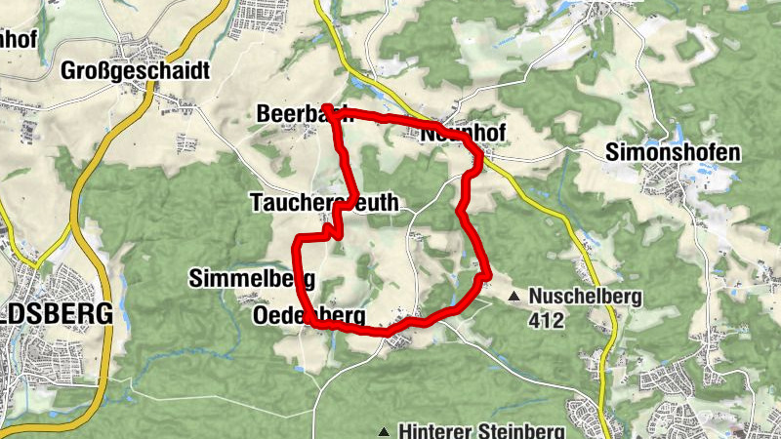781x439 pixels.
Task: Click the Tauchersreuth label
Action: pos(324,203)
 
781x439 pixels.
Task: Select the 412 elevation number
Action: pos(544,318)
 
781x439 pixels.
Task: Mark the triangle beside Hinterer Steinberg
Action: pos(385,430)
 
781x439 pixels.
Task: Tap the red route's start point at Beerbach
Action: pos(327,108)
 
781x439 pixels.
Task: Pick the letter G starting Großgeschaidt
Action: pos(68,70)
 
